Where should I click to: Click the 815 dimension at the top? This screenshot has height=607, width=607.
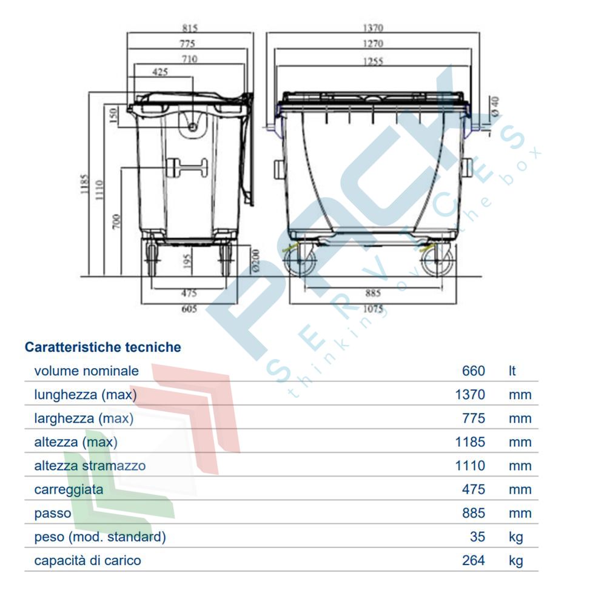coord(190,28)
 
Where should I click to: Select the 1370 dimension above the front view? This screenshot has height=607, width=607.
coord(373,28)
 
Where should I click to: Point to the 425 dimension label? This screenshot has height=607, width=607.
coord(160,72)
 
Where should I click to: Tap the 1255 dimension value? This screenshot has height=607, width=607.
coord(373,61)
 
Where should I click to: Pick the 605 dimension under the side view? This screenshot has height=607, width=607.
coord(189,309)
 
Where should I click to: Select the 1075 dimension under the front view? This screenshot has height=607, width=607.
coord(373,309)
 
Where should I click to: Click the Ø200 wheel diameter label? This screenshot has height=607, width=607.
coord(255,259)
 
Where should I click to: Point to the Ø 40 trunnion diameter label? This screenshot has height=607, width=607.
coord(494,107)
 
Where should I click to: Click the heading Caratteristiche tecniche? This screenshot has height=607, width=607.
coord(102,347)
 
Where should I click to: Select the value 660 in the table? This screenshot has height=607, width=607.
coord(473,371)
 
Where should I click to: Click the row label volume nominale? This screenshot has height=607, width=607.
coord(86,371)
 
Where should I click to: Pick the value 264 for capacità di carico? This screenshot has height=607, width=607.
coord(473,560)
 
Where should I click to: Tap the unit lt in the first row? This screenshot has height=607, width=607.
coord(512,371)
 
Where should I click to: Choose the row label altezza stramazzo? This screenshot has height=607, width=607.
coord(90,466)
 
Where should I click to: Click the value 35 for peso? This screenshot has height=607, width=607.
coord(477,537)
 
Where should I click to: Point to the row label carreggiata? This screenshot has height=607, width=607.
coord(69,489)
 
